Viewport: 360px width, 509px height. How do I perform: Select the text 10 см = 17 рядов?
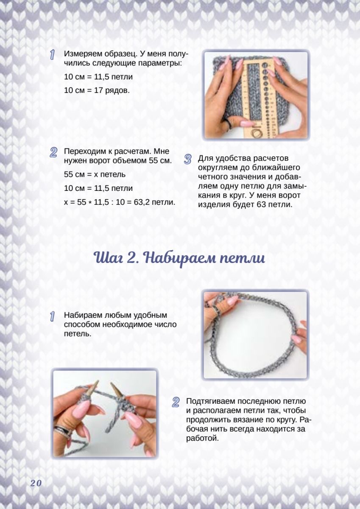pos(97,90)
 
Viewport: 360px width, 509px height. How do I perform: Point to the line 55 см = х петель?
pos(95,174)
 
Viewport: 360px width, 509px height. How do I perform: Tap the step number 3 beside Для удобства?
pos(187,159)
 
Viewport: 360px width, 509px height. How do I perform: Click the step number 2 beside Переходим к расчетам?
pos(53,152)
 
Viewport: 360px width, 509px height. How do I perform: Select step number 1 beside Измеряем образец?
pos(52,55)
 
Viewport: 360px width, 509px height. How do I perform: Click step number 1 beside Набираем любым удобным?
pos(52,317)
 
